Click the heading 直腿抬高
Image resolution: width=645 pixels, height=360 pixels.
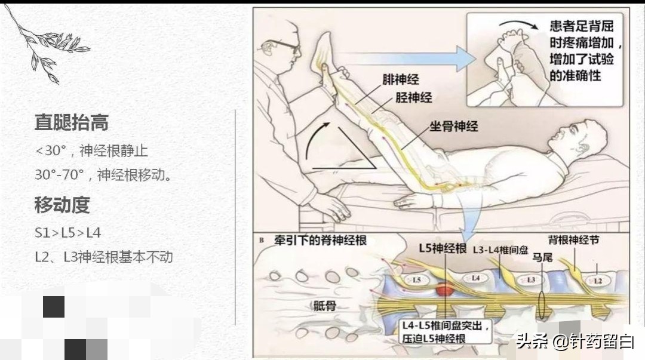pos(71,123)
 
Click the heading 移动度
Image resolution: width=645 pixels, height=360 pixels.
pos(62,205)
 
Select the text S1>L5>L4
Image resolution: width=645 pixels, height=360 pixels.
pos(67,232)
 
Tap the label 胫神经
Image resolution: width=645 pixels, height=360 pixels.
pos(413,97)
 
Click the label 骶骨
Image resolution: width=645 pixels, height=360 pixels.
pos(326,306)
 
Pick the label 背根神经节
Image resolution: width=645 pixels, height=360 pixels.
pos(574,240)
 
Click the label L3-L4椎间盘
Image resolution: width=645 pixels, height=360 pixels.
pos(500,250)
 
